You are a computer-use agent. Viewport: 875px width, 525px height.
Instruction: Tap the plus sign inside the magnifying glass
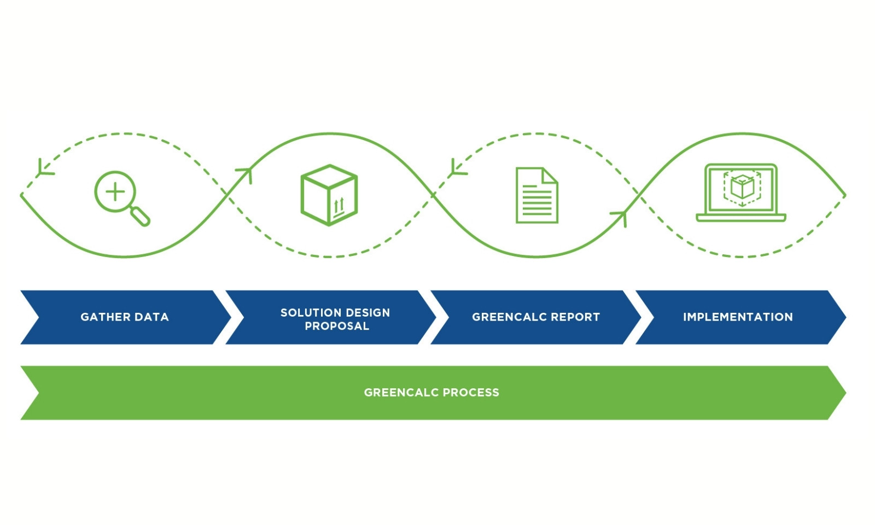tap(115, 192)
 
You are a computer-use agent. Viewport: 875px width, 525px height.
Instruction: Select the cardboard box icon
tap(329, 195)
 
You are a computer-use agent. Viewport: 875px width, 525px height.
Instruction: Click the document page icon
tap(536, 195)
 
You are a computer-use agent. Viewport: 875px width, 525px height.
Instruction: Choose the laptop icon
tap(741, 192)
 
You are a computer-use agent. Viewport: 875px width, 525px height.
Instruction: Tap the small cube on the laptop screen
tap(742, 187)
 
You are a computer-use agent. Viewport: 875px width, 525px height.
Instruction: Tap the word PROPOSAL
tap(337, 326)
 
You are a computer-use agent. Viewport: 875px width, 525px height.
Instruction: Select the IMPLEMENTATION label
tap(738, 317)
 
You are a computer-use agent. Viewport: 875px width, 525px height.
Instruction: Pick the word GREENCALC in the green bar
tap(401, 393)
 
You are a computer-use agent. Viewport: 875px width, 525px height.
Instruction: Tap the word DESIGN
tap(368, 313)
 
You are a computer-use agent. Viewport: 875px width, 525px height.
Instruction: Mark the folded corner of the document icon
tap(550, 175)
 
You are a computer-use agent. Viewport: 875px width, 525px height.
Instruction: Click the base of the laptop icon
tap(741, 218)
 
